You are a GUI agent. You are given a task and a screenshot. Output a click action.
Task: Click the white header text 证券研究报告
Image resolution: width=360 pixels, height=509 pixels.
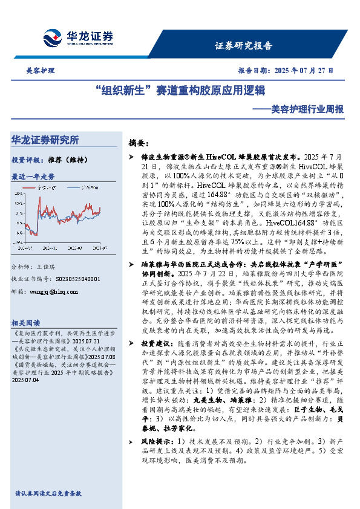(x=244, y=46)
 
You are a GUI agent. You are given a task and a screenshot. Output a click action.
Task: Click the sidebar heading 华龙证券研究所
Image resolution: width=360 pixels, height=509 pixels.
(x=45, y=140)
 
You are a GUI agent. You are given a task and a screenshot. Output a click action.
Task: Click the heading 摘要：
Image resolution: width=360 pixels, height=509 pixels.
(x=139, y=143)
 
